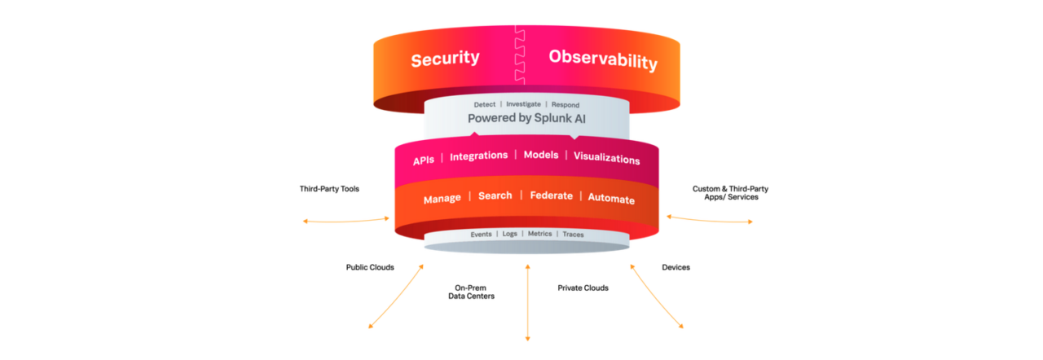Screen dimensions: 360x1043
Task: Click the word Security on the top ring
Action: coord(445,59)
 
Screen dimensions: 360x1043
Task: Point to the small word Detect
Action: coord(486,104)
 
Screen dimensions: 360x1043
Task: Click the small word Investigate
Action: coord(524,104)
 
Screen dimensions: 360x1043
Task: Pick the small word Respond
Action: coord(566,104)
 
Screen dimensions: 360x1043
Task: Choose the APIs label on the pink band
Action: coord(424,160)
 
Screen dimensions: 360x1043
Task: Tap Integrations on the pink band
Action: coord(478,156)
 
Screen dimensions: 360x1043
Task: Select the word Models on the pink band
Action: coord(540,156)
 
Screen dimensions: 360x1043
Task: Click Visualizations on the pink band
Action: coord(606,159)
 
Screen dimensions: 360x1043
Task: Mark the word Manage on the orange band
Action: coord(442,199)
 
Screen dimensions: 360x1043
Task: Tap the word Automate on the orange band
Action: coord(611,199)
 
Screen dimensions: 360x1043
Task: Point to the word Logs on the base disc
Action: coord(509,234)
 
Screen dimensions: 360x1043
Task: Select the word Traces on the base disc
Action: coord(573,235)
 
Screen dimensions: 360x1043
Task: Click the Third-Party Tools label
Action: coord(329,189)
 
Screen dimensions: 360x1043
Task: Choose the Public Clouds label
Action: coord(370,266)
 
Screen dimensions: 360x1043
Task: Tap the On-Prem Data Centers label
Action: coord(471,292)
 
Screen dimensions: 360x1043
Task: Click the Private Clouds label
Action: coord(583,288)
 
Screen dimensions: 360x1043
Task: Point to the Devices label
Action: coord(676,266)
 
